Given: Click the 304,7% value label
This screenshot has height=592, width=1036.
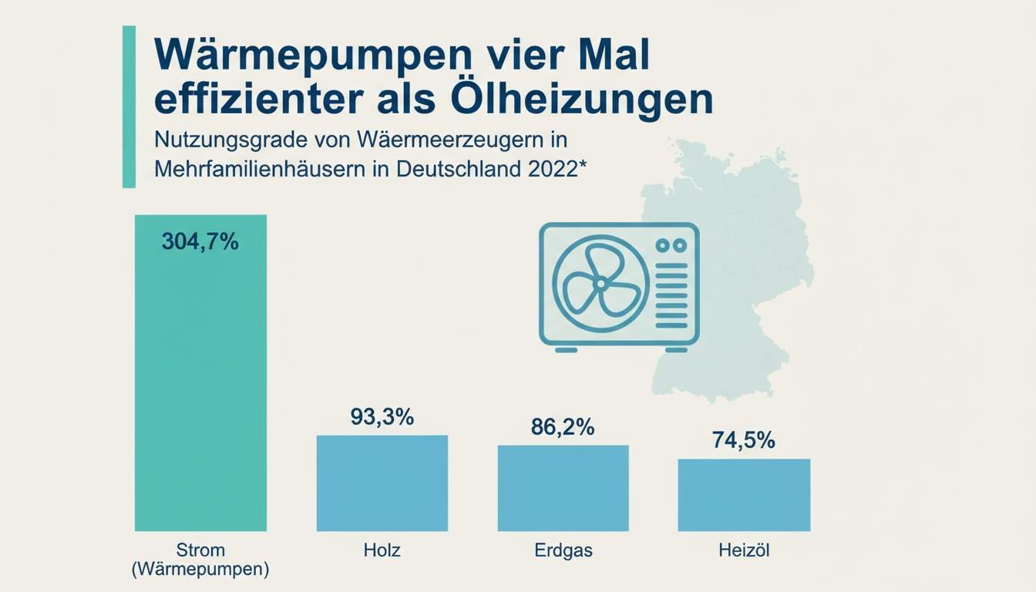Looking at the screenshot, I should (x=200, y=241).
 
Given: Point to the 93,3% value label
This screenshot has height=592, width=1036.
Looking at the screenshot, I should (x=382, y=417).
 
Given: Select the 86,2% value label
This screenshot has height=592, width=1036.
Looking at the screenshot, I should (x=563, y=427).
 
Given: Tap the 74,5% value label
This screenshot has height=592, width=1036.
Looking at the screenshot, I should (x=744, y=440).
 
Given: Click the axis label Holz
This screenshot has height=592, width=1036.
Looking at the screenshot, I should (x=382, y=551).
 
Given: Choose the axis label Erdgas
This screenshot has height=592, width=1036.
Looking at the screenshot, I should (x=563, y=551).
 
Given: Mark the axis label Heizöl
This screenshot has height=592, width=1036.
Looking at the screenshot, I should (x=744, y=551).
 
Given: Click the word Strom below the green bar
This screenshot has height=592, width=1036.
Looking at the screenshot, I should (x=200, y=550).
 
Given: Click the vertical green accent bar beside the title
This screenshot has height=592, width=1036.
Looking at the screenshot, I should (x=129, y=106).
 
